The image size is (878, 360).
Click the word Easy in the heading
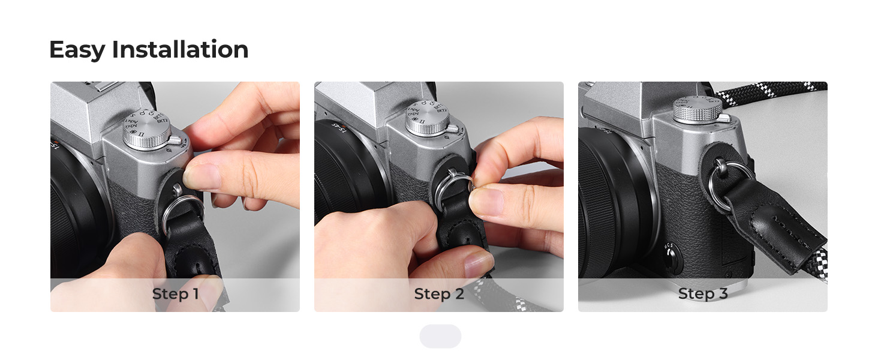(77, 50)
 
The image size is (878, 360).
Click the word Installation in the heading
(181, 49)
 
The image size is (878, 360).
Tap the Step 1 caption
(175, 294)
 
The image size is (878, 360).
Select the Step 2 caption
(439, 294)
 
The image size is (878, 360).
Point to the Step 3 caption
(703, 294)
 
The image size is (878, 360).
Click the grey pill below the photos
(440, 336)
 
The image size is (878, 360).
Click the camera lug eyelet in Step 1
(177, 189)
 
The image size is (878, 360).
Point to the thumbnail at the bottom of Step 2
(479, 264)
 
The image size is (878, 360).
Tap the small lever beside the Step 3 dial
(726, 117)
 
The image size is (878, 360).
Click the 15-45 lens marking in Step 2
(338, 128)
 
